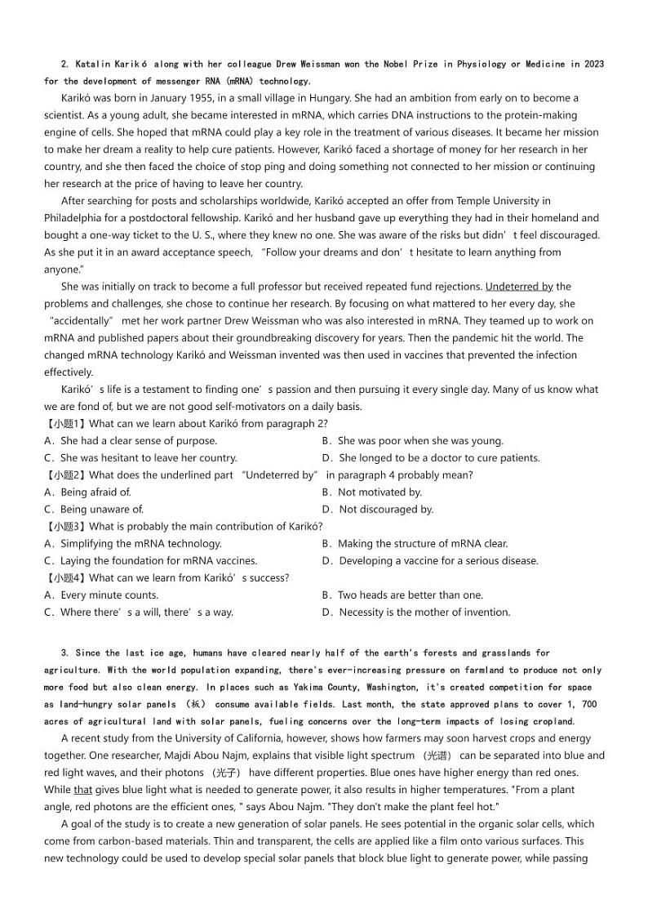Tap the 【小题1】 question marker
point(64,423)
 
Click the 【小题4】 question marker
point(64,578)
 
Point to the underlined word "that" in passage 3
point(82,791)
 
